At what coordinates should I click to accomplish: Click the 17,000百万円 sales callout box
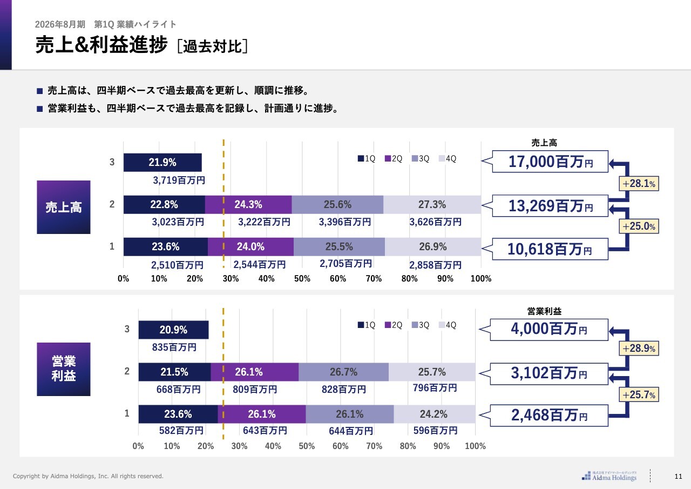click(x=550, y=161)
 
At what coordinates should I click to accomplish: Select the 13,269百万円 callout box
click(x=550, y=205)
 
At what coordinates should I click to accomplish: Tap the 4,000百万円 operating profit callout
click(x=549, y=330)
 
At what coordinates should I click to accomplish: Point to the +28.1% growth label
click(x=639, y=184)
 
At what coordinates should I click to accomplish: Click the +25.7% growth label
click(x=639, y=395)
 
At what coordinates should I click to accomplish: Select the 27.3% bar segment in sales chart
click(x=432, y=205)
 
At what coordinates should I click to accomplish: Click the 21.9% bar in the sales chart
click(x=162, y=162)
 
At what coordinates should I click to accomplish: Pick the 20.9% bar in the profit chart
click(x=173, y=330)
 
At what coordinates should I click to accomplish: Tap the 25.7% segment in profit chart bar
click(x=432, y=372)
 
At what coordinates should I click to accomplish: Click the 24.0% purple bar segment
click(x=250, y=247)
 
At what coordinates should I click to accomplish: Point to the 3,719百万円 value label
click(x=178, y=180)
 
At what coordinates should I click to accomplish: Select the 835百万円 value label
click(x=174, y=347)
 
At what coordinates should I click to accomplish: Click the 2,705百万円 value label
click(x=345, y=264)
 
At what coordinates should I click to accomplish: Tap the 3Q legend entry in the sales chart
click(x=421, y=159)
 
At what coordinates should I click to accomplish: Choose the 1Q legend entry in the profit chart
click(x=367, y=325)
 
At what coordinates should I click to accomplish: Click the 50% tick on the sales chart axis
click(x=302, y=279)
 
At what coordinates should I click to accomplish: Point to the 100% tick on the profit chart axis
click(x=475, y=446)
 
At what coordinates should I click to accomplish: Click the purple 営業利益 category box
click(x=64, y=369)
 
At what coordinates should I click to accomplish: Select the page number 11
click(x=679, y=476)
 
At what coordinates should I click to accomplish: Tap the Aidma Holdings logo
click(x=609, y=475)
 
